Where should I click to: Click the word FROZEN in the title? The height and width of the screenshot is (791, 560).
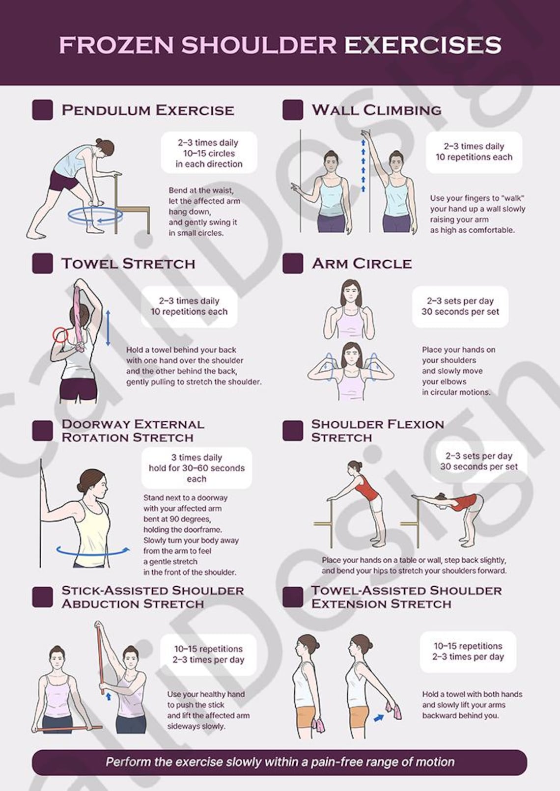pyautogui.click(x=116, y=45)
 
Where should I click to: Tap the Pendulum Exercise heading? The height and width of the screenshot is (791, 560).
pyautogui.click(x=147, y=110)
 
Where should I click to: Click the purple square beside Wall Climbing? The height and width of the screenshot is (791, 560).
pyautogui.click(x=292, y=110)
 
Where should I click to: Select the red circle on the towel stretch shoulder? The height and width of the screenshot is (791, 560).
pyautogui.click(x=60, y=335)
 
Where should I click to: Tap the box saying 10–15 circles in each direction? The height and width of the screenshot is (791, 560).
pyautogui.click(x=209, y=153)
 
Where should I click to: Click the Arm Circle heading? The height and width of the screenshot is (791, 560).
pyautogui.click(x=362, y=264)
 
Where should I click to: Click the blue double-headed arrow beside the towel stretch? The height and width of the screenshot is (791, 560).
pyautogui.click(x=108, y=327)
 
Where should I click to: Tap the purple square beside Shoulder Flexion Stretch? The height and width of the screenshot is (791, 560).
pyautogui.click(x=292, y=431)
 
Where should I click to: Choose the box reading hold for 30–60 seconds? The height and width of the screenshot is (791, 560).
pyautogui.click(x=196, y=468)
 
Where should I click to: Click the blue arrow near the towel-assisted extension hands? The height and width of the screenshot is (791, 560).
pyautogui.click(x=379, y=717)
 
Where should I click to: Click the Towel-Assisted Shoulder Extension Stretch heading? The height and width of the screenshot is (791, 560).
pyautogui.click(x=406, y=597)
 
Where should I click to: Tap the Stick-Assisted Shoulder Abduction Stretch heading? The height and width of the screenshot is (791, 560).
pyautogui.click(x=152, y=597)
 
